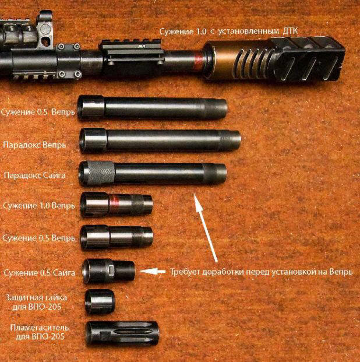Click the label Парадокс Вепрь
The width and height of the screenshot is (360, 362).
34,145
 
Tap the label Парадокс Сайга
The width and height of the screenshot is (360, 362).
34,175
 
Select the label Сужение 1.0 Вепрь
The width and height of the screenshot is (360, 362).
39,206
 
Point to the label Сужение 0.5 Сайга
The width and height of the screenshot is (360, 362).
39,273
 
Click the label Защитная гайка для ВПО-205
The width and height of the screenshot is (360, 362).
36,302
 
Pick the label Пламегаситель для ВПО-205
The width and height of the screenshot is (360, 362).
40,332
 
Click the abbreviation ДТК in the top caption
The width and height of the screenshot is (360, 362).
290,31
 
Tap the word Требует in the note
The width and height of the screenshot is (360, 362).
185,272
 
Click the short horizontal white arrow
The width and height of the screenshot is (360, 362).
153,272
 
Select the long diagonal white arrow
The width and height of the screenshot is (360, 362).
206,227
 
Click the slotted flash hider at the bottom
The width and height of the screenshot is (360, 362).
122,334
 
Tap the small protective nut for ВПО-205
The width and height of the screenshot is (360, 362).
100,302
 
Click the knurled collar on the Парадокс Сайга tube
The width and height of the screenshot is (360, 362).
101,174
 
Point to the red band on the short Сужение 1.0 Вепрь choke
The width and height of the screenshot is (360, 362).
114,204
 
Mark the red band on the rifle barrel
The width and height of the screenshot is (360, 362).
197,61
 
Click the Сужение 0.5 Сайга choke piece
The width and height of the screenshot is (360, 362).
109,272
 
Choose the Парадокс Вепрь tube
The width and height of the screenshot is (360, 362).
160,140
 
